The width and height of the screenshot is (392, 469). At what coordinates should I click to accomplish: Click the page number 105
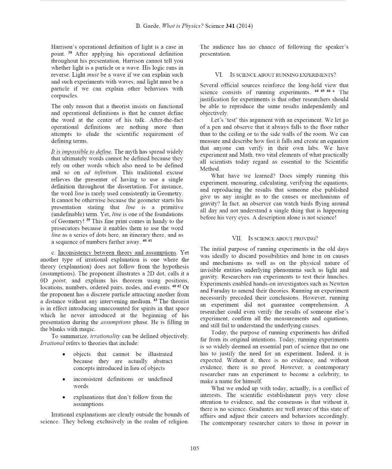(194, 448)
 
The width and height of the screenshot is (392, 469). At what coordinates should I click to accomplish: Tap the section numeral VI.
(219, 75)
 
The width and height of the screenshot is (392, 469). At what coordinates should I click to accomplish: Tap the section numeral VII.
(237, 238)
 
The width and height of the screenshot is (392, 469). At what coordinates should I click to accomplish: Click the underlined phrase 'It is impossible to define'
(81, 151)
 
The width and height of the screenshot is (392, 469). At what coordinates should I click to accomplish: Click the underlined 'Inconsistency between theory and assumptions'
(117, 252)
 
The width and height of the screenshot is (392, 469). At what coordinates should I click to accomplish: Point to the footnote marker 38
(70, 53)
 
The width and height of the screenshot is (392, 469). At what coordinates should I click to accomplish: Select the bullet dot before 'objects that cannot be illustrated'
(63, 354)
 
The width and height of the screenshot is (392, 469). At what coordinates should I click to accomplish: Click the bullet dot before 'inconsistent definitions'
(63, 380)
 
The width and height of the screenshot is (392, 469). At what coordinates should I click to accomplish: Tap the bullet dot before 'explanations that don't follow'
(63, 398)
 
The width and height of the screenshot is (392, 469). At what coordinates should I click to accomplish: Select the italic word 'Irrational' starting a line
(52, 343)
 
